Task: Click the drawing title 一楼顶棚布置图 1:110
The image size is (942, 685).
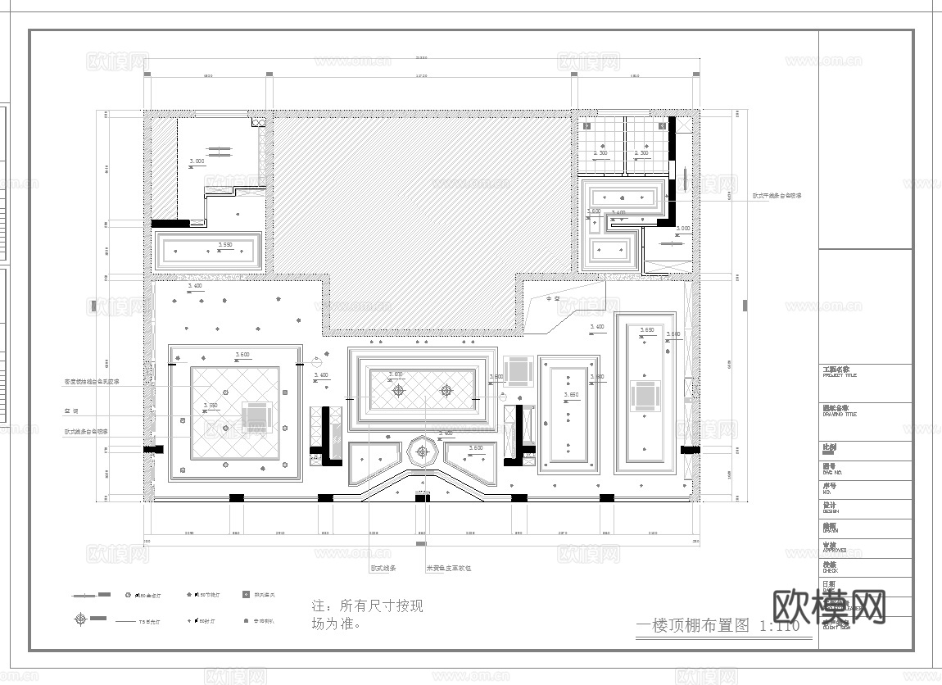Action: point(718,627)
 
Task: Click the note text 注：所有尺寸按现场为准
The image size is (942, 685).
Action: point(367,615)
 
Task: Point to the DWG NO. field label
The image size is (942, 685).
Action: point(834,471)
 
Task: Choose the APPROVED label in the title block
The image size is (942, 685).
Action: point(836,550)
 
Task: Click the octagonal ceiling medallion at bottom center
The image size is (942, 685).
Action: point(422,451)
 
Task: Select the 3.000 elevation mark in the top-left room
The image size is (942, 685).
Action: point(197,162)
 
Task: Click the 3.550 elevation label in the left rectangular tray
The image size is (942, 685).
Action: point(224,245)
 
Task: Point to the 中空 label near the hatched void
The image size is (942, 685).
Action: point(553,299)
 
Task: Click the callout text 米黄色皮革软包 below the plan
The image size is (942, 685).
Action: point(448,567)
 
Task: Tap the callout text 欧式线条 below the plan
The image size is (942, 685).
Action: point(383,567)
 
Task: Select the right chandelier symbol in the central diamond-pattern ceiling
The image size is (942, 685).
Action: point(446,391)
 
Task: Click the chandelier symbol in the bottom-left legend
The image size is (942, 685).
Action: point(79,619)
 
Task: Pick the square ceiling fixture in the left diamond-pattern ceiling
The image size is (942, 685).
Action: point(257,416)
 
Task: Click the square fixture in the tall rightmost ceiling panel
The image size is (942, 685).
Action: point(645,397)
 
